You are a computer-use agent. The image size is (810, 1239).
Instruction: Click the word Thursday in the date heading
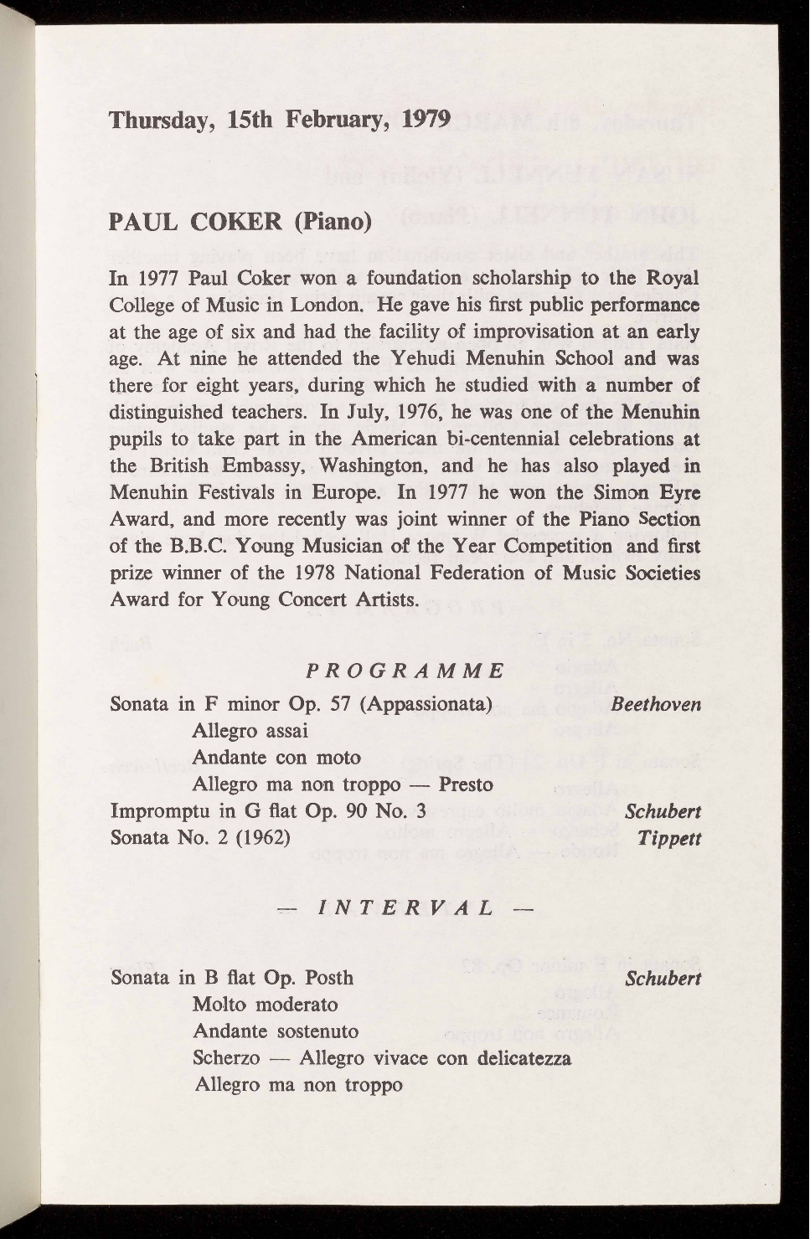pos(161,120)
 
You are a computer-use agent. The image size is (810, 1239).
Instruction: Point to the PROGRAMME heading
pos(405,671)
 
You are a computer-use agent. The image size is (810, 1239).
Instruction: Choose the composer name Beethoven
pos(656,704)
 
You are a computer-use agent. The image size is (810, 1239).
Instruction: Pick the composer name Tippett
pos(669,838)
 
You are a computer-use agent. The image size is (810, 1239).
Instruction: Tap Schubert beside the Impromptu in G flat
pos(663,811)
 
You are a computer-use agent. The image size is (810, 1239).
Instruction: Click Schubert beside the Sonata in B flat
pos(663,978)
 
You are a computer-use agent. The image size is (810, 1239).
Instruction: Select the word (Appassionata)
pos(425,704)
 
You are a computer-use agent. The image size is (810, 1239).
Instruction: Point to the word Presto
pos(466,785)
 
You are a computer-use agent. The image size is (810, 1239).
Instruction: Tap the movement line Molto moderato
pos(266,1005)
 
